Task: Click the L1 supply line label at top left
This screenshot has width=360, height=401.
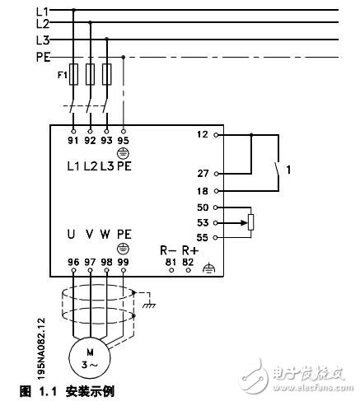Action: pos(43,11)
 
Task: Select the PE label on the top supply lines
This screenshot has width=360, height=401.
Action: pos(44,57)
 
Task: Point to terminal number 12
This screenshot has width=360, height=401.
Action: pos(203,134)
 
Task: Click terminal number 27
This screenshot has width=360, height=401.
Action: pos(203,174)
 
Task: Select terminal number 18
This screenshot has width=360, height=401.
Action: pos(203,190)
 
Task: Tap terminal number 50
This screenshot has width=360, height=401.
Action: pos(203,207)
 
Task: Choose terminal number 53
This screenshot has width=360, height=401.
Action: pos(203,222)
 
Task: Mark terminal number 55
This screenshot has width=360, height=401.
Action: pos(203,237)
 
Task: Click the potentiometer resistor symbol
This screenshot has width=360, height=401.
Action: pos(251,222)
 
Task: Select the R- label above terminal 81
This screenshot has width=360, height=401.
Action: pos(167,250)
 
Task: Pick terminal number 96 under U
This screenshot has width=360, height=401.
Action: pos(73,262)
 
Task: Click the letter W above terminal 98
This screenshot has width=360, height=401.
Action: pos(105,234)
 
